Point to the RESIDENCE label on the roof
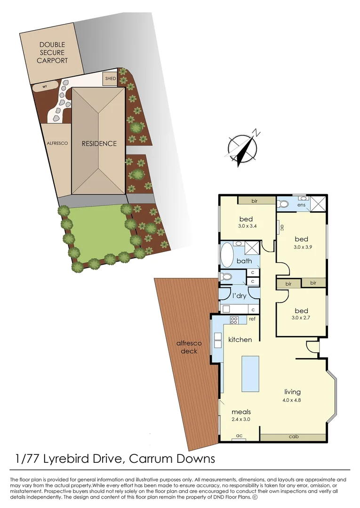click(x=99, y=143)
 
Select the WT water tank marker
click(x=46, y=87)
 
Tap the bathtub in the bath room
click(x=226, y=254)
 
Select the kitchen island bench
click(x=250, y=374)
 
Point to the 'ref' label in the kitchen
click(x=252, y=319)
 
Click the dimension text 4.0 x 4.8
click(x=292, y=401)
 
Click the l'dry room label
click(x=240, y=296)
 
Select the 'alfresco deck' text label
click(x=186, y=347)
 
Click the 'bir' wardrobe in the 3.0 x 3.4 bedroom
click(x=255, y=201)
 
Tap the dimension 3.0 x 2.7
click(x=301, y=318)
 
